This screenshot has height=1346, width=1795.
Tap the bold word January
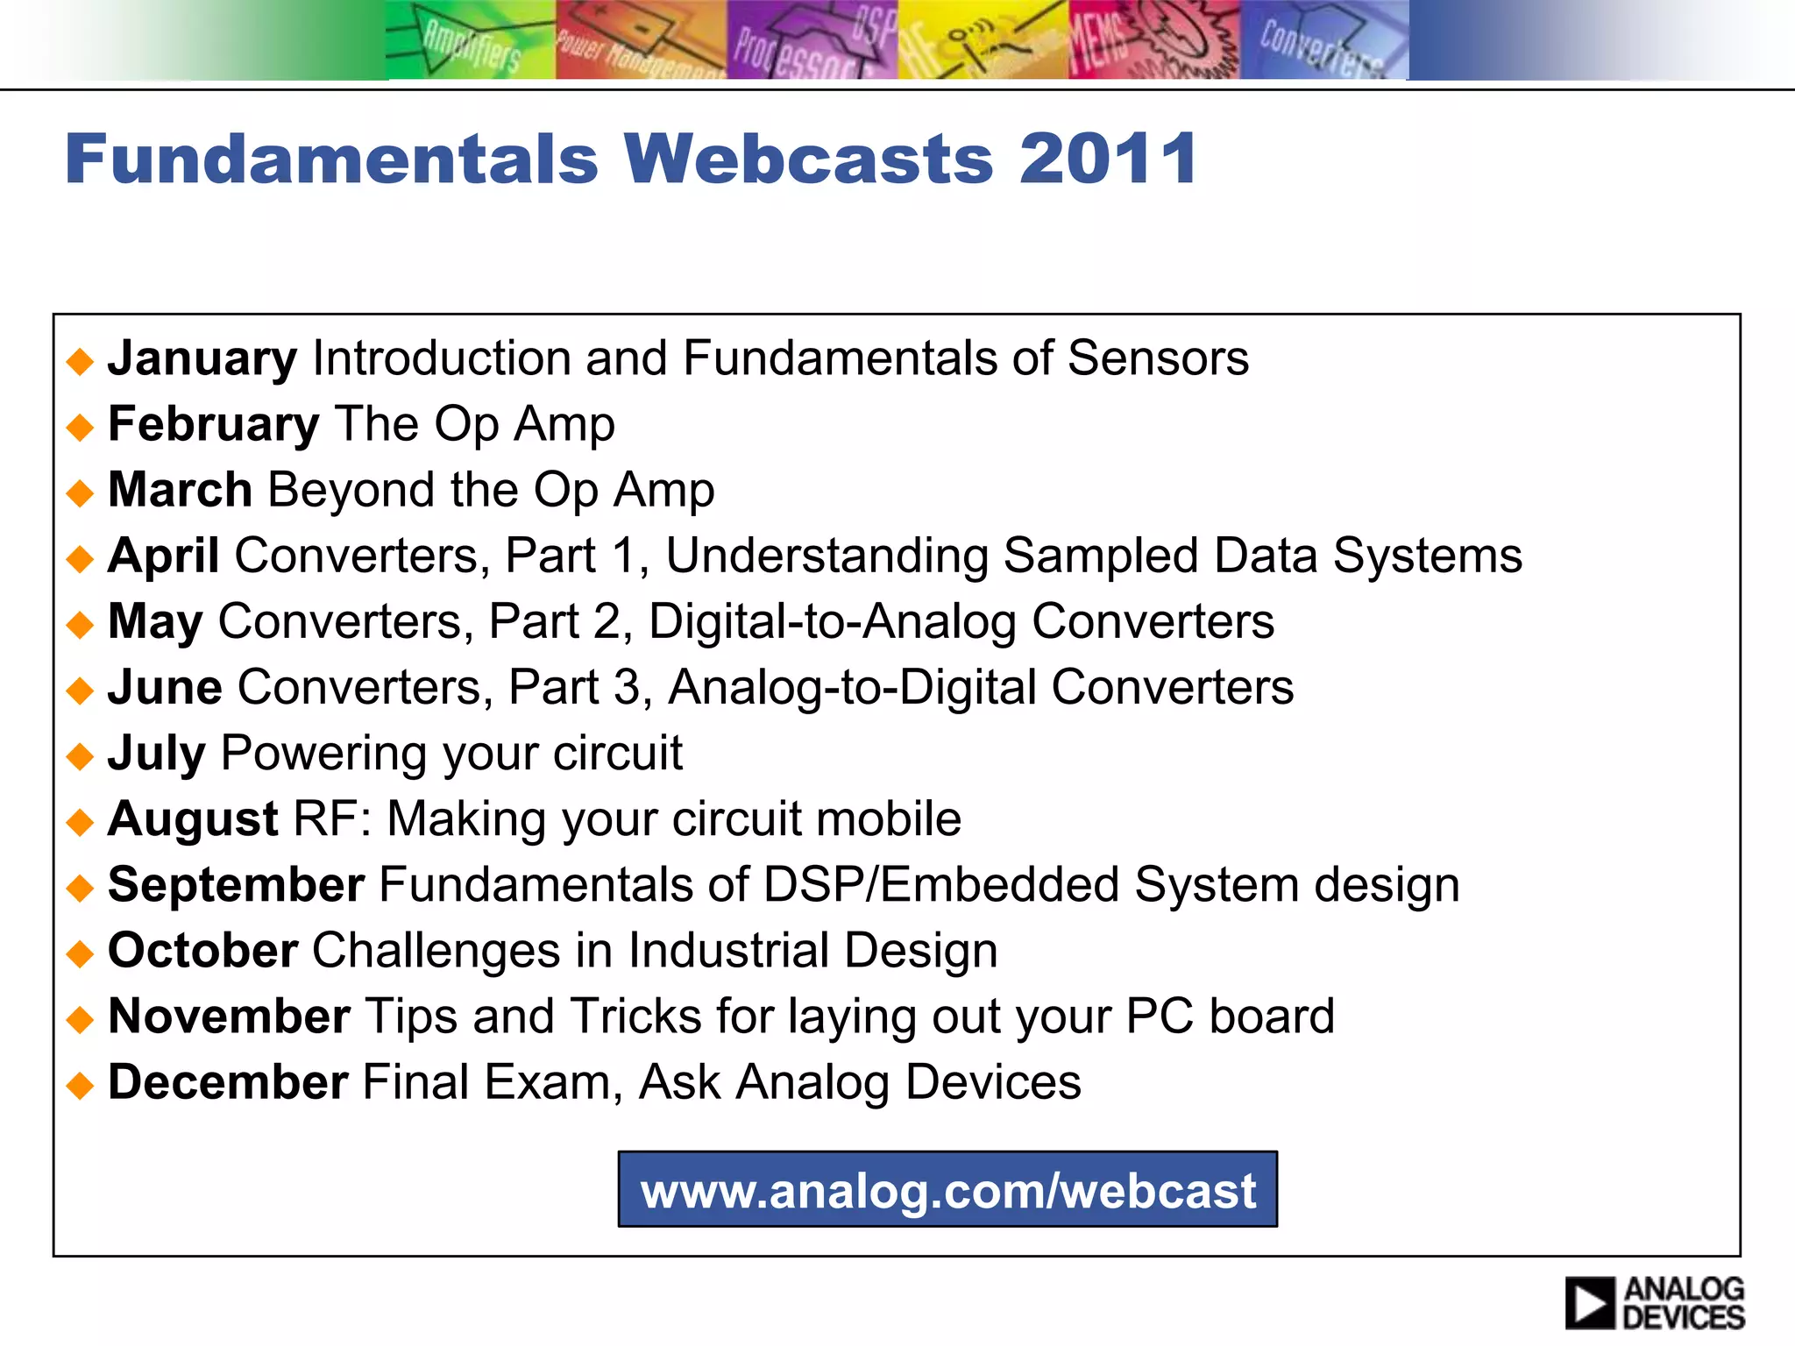[x=202, y=358]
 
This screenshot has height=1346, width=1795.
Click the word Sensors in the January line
[x=1158, y=358]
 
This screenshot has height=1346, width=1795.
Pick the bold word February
[x=213, y=424]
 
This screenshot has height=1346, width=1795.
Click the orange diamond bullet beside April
[x=80, y=558]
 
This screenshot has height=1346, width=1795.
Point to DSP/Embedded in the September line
[x=940, y=884]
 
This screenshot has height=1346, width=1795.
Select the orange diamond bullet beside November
[x=80, y=1019]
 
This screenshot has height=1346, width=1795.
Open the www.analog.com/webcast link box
[x=947, y=1189]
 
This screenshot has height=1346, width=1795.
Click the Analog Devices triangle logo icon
[x=1589, y=1303]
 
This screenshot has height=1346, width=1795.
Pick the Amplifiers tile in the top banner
[x=471, y=40]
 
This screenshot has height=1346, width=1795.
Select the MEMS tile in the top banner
[x=1153, y=40]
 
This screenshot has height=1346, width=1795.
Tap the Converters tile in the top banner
[x=1323, y=40]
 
